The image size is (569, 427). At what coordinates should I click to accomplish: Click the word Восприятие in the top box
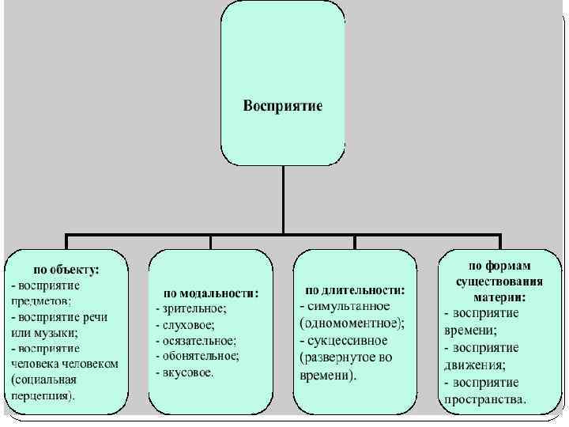pos(282,107)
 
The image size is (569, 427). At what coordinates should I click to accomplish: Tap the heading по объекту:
pos(66,269)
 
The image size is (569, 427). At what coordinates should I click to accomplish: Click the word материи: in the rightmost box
pos(500,297)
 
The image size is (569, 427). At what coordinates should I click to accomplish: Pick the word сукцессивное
pos(348,340)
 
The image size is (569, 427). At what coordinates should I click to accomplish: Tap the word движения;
pos(475,365)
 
